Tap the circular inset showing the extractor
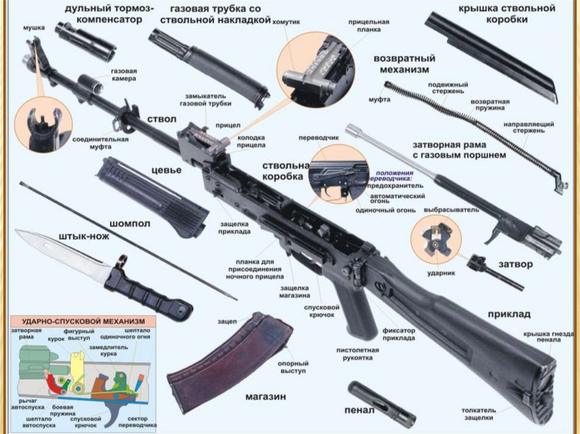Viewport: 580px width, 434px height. click(x=436, y=238)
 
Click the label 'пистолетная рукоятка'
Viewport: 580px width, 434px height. click(x=357, y=354)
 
